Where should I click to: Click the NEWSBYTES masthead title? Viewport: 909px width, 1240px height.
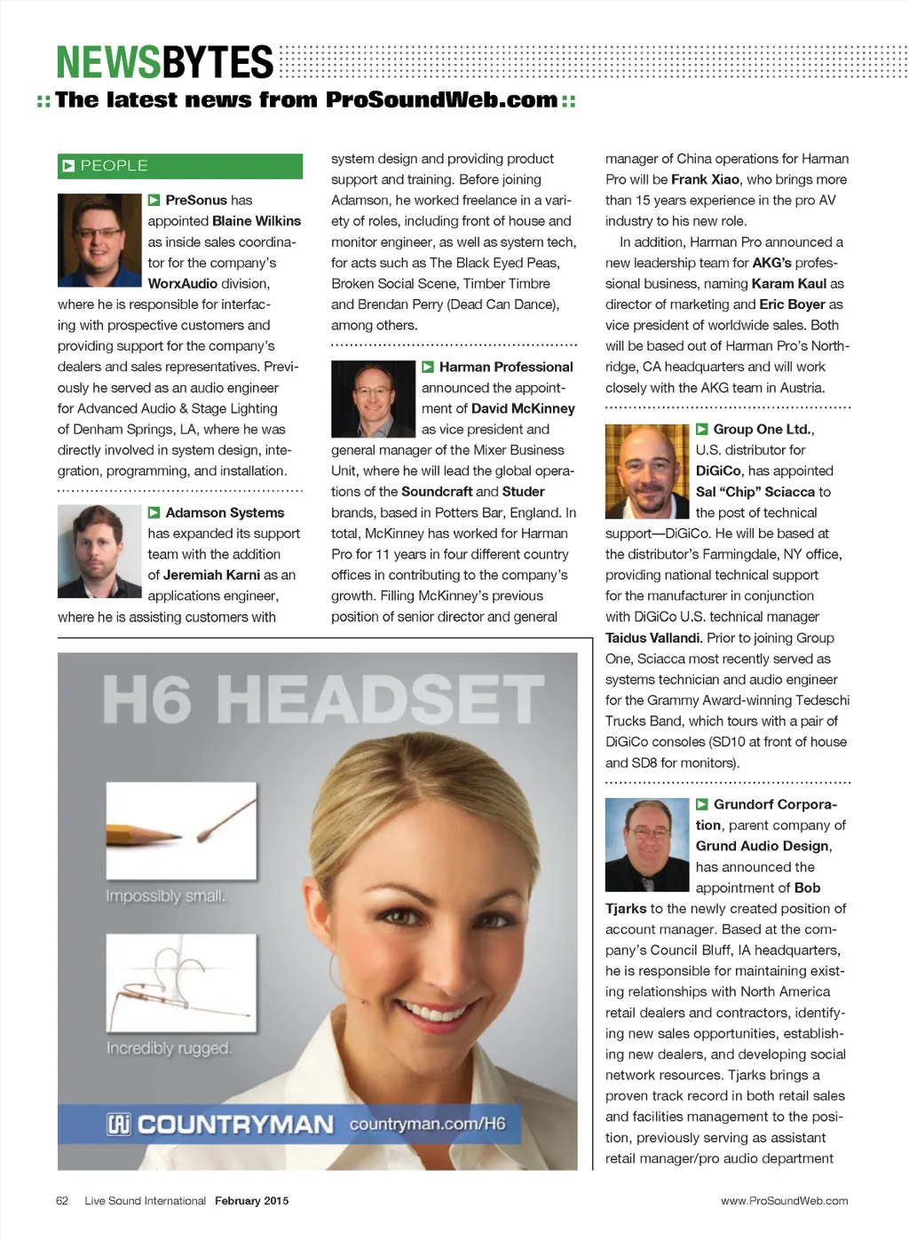click(165, 62)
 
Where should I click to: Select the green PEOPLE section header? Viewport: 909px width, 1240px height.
click(180, 166)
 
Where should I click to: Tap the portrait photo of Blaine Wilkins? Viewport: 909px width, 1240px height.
click(99, 240)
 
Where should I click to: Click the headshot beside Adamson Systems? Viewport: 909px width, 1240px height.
click(99, 551)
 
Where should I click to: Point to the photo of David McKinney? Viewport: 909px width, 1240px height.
click(373, 399)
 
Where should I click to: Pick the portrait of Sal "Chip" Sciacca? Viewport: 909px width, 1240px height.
click(647, 471)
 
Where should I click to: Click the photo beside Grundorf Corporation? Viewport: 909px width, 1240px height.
click(647, 844)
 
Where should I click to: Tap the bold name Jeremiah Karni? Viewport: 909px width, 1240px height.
click(211, 575)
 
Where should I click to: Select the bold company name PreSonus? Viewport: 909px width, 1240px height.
click(196, 201)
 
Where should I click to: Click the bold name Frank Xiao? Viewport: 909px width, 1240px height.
click(705, 179)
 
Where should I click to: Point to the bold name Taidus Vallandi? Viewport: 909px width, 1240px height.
click(652, 638)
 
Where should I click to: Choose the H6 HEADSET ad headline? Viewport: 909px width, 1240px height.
click(323, 699)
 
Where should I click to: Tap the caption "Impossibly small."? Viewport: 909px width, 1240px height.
click(166, 896)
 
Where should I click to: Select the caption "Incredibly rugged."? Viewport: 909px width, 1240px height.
click(169, 1048)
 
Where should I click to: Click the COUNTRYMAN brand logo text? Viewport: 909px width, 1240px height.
click(234, 1125)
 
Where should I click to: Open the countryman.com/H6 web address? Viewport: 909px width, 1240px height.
click(427, 1124)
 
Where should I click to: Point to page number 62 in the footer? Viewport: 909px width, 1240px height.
click(62, 1201)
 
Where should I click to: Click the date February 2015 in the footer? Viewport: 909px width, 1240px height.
click(251, 1201)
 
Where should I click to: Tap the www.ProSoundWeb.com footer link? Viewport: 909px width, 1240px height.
click(784, 1201)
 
